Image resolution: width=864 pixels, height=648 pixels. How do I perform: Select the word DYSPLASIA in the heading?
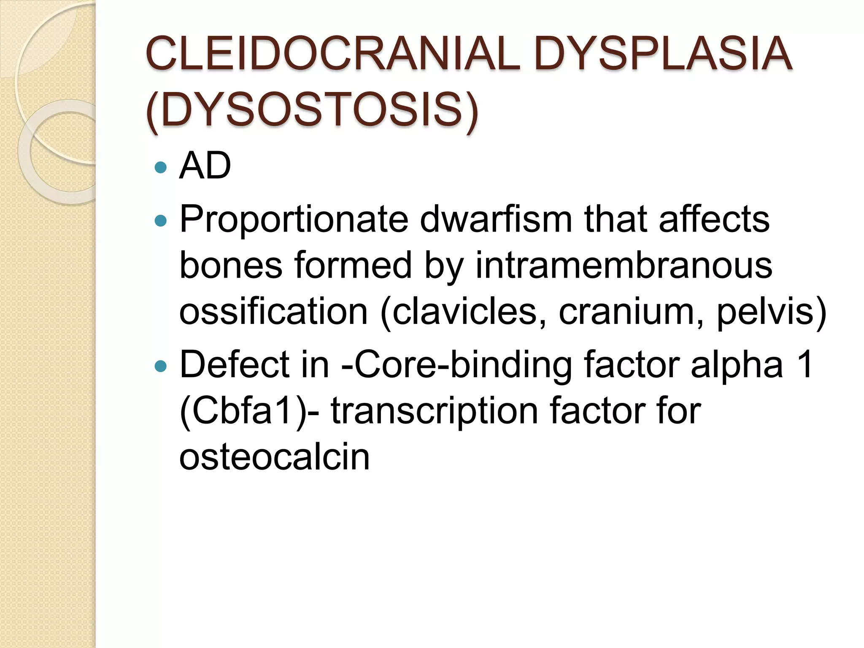point(663,54)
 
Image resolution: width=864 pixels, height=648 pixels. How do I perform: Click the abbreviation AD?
point(205,166)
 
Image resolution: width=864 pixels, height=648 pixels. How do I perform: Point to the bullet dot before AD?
point(161,168)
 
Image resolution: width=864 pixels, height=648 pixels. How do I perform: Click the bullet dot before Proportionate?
point(161,220)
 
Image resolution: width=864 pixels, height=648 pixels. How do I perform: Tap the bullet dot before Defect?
point(161,365)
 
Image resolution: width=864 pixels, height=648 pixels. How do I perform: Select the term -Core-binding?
point(456,365)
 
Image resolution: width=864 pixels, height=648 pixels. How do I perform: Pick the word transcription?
point(435,412)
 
